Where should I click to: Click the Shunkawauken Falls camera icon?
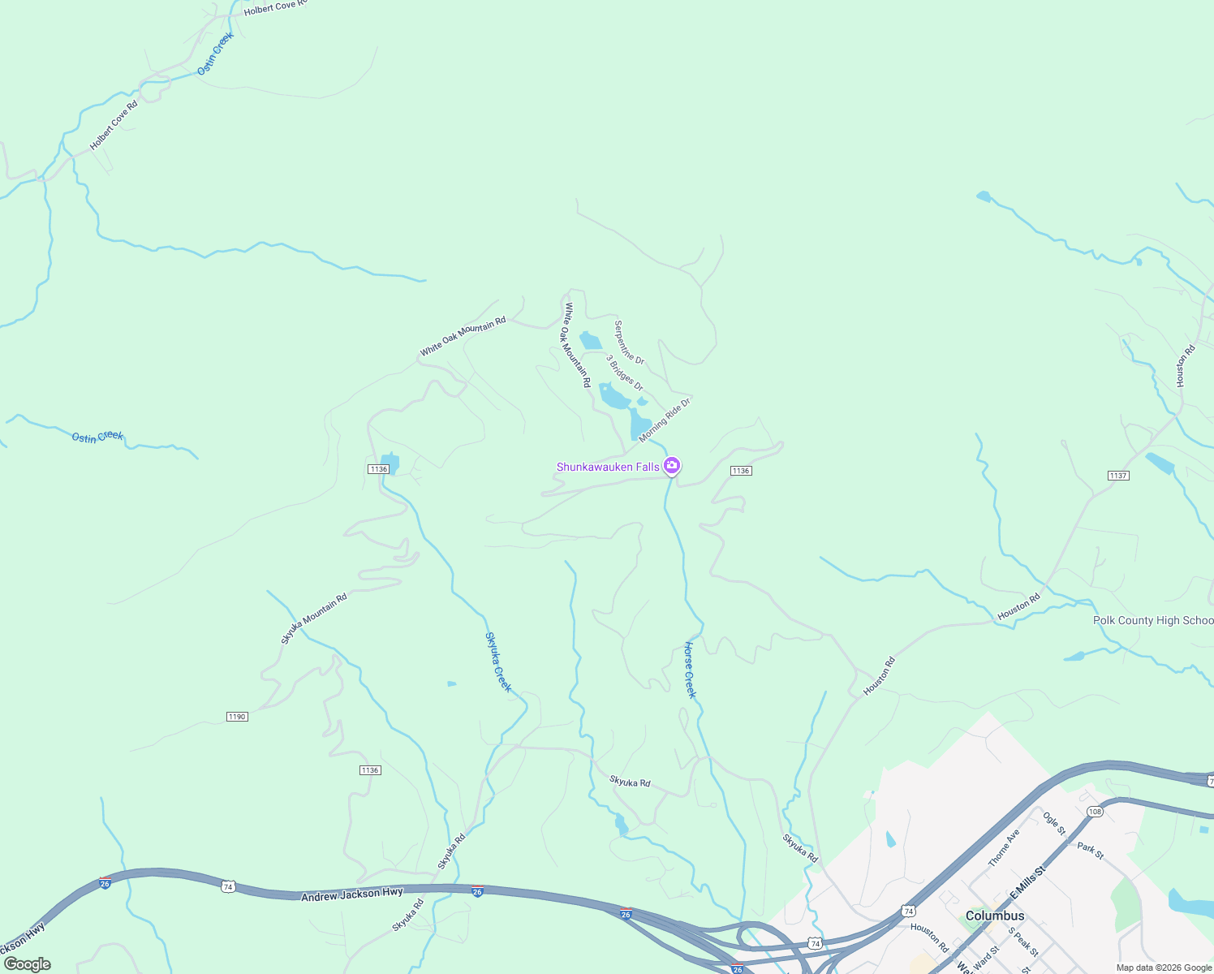coord(671,466)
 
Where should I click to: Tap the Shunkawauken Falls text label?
coord(608,467)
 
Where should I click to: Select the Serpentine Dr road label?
coord(629,343)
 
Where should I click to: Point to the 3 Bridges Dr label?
coord(624,373)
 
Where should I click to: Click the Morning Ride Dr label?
coord(664,420)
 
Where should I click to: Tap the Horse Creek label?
coord(690,670)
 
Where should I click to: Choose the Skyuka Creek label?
coord(498,662)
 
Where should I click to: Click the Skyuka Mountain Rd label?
coord(314,618)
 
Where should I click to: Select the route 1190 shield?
coord(237,717)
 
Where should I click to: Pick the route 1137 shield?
coord(1118,476)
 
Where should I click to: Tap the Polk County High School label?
coord(1152,620)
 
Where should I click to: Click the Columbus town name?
coord(995,916)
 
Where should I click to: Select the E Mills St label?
coord(1027,881)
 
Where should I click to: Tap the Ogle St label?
coord(1054,823)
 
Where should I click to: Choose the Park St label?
coord(1091,851)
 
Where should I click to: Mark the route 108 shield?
coord(1095,812)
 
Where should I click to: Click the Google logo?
coord(28,964)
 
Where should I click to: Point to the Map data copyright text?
coord(1164,968)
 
